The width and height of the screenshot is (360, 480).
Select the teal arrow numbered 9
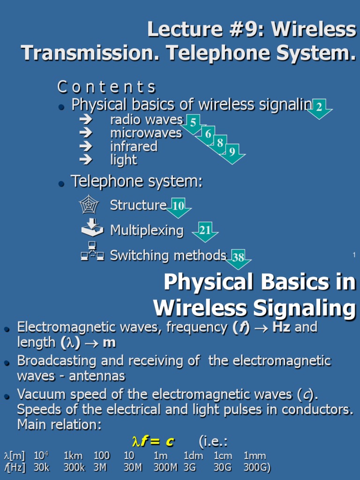coord(232,152)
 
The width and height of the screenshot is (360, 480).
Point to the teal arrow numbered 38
coord(239,258)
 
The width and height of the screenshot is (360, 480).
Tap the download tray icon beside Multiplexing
coord(92,228)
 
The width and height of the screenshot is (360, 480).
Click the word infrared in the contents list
coord(134,147)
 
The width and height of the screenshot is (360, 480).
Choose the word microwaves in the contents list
coord(146,133)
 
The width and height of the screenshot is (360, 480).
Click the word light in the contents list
coord(123,160)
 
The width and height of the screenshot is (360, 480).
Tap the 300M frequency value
coord(165,467)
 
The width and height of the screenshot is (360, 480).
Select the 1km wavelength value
coord(73,456)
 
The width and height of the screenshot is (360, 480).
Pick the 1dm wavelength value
coord(193,456)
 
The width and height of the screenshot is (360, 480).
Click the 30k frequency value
coord(42,467)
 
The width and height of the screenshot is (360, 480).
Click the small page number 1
coord(354,255)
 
